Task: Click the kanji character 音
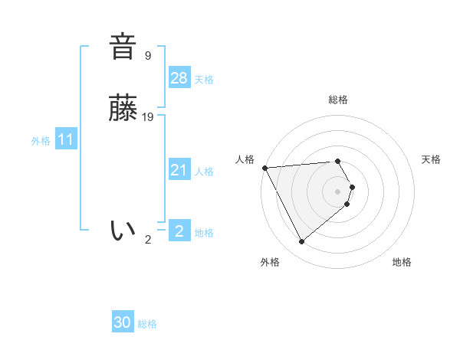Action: tap(123, 47)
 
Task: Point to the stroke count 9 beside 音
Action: tap(147, 55)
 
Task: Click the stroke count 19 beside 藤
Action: tap(148, 117)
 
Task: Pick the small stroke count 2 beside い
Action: tap(148, 239)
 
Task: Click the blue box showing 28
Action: tap(179, 78)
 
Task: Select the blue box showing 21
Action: tap(179, 170)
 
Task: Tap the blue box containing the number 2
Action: tap(179, 231)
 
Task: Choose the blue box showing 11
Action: tap(65, 139)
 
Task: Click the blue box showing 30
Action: tap(123, 322)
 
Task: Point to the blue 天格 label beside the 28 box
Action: tap(204, 80)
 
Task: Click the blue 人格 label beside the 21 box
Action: tap(204, 172)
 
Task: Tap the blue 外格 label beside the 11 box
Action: tap(41, 141)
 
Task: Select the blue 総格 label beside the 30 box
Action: tap(147, 324)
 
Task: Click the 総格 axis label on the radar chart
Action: tap(338, 100)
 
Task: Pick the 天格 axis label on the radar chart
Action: tap(431, 159)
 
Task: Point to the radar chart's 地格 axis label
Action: tap(402, 262)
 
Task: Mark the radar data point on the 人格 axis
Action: tap(264, 167)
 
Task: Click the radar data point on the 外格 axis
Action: tap(301, 242)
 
